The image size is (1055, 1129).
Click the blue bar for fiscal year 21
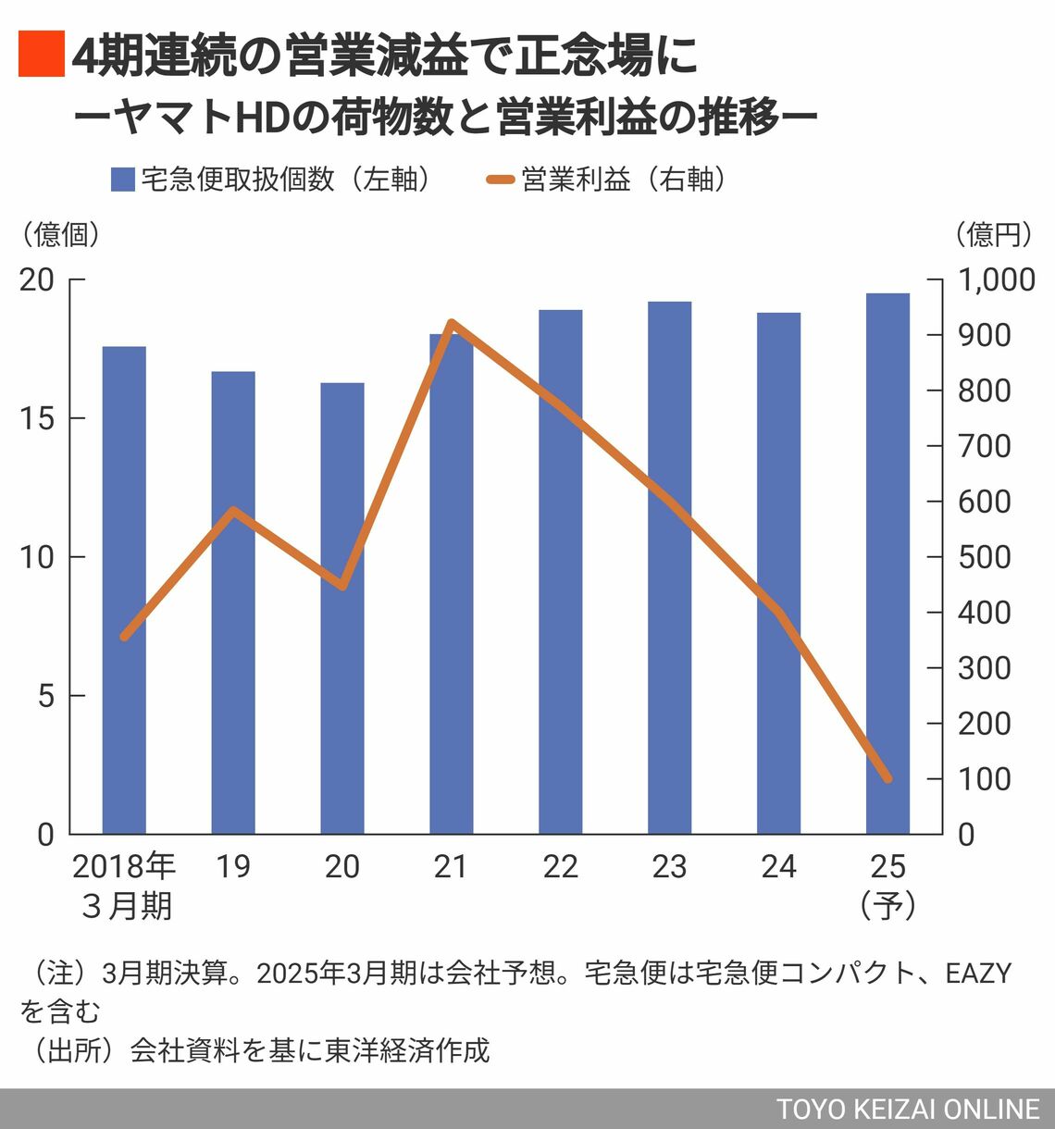(452, 592)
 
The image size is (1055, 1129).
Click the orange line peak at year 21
(452, 323)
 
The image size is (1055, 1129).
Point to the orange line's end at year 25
(887, 779)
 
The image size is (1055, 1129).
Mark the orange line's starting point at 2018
(124, 637)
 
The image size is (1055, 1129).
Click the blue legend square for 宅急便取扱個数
(123, 180)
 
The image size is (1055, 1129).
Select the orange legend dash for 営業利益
(499, 180)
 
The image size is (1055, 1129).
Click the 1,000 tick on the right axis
(996, 279)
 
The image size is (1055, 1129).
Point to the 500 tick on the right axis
(985, 557)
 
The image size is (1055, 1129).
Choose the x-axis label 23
(669, 867)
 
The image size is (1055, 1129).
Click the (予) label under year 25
(887, 905)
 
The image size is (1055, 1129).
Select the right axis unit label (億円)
(994, 234)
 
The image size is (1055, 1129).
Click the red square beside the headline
(42, 53)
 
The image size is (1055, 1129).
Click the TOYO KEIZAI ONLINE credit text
(908, 1110)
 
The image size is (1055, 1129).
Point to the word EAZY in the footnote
(978, 974)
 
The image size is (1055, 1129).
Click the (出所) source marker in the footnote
(69, 1050)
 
